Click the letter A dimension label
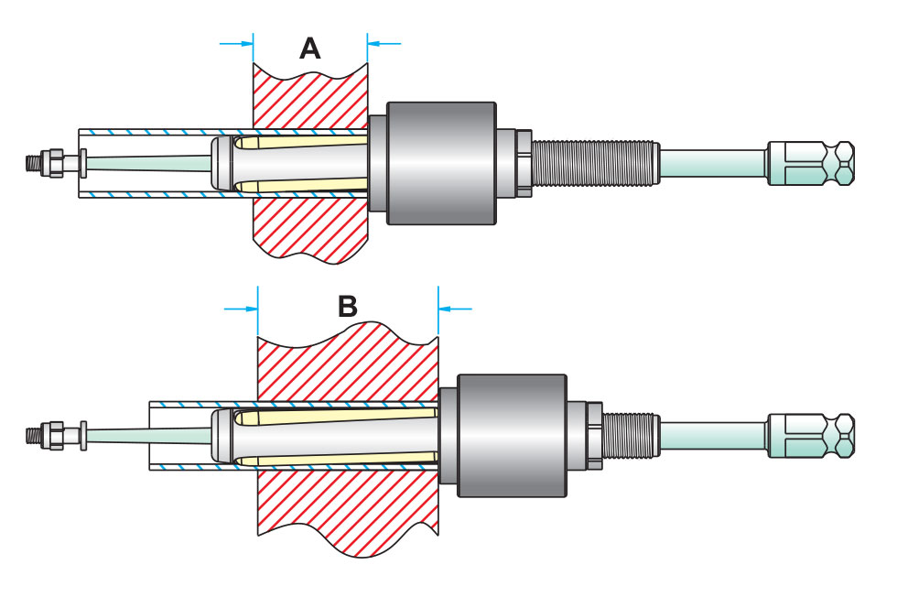click(x=310, y=48)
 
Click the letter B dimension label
click(x=348, y=306)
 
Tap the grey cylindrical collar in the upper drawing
click(x=442, y=163)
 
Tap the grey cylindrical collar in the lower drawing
click(x=512, y=436)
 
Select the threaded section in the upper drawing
click(x=593, y=163)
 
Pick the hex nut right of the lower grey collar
click(x=593, y=435)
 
